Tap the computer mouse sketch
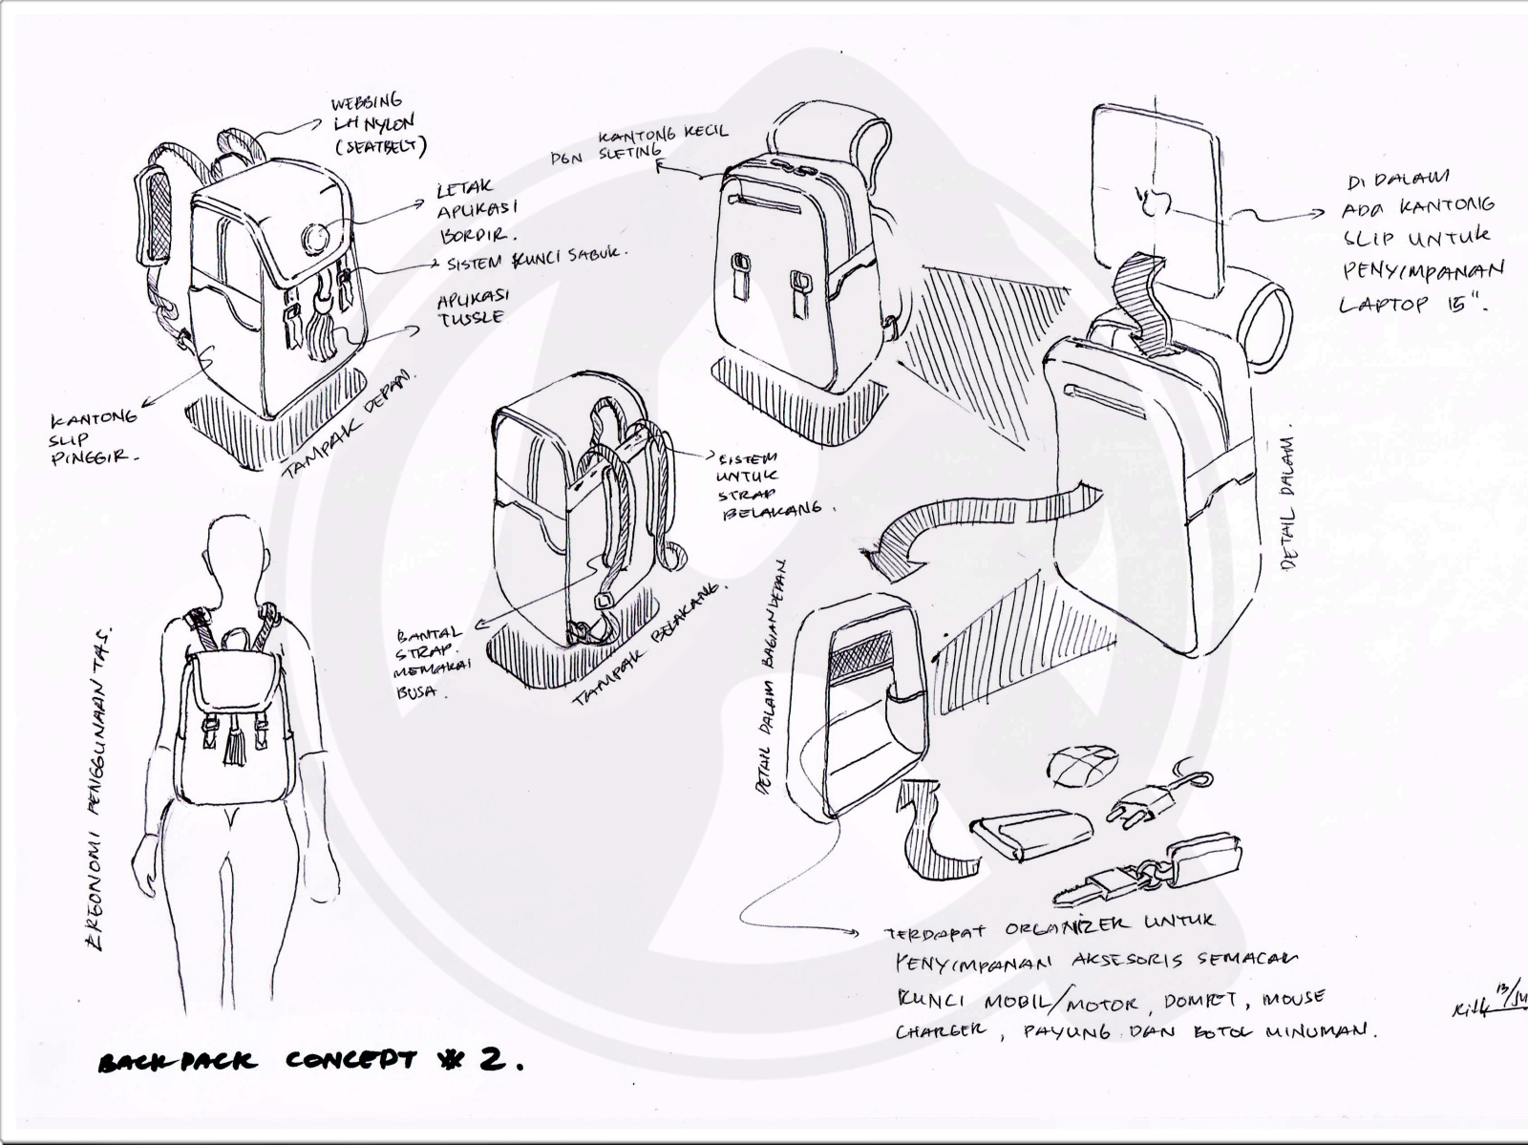(1084, 766)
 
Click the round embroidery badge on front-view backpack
(313, 235)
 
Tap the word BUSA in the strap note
(413, 692)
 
